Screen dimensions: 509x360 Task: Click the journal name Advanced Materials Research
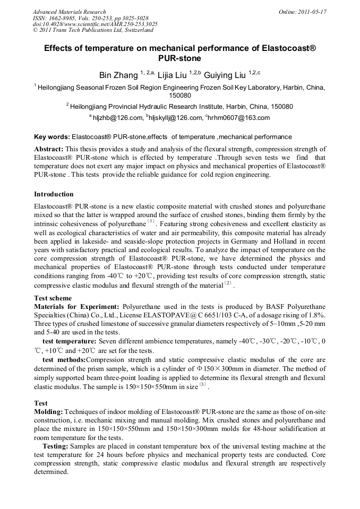click(x=69, y=12)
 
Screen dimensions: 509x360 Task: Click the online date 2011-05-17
click(x=312, y=12)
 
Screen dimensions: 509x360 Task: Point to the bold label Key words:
click(x=52, y=136)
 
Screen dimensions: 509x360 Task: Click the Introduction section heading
click(x=54, y=194)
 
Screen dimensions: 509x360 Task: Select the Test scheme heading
click(x=53, y=298)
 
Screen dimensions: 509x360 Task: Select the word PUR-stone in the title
click(x=180, y=58)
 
